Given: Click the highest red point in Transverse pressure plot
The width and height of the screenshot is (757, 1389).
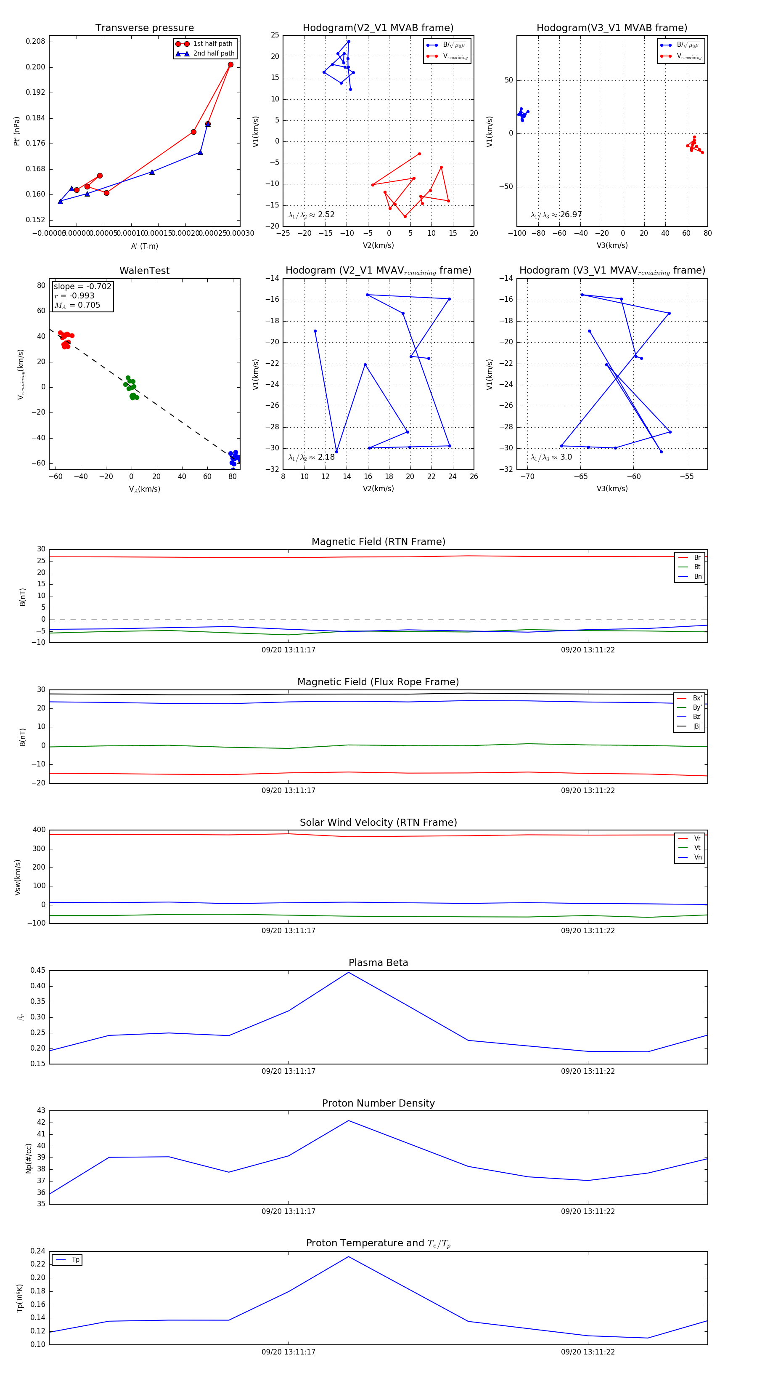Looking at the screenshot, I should [x=230, y=65].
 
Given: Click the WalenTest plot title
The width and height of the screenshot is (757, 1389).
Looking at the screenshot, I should [x=144, y=271].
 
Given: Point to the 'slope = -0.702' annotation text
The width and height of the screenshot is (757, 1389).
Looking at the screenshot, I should [x=82, y=286].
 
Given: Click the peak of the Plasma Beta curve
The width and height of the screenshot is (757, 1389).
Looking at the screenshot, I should [x=349, y=972].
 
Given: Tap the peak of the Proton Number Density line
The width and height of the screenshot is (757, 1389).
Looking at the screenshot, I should [x=349, y=1120].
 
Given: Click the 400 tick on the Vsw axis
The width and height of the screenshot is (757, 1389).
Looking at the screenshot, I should [x=39, y=830].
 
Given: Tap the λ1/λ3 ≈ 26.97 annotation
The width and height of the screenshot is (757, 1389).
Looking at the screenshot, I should [x=556, y=215].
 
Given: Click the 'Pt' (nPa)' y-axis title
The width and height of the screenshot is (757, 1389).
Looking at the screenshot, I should [x=17, y=131].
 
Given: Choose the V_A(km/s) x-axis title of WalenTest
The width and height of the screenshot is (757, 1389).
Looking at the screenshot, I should [x=144, y=489].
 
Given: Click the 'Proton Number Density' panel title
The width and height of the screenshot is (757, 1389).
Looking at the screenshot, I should [x=378, y=1103].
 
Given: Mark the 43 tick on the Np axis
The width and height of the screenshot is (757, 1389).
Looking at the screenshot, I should [x=41, y=1110].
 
